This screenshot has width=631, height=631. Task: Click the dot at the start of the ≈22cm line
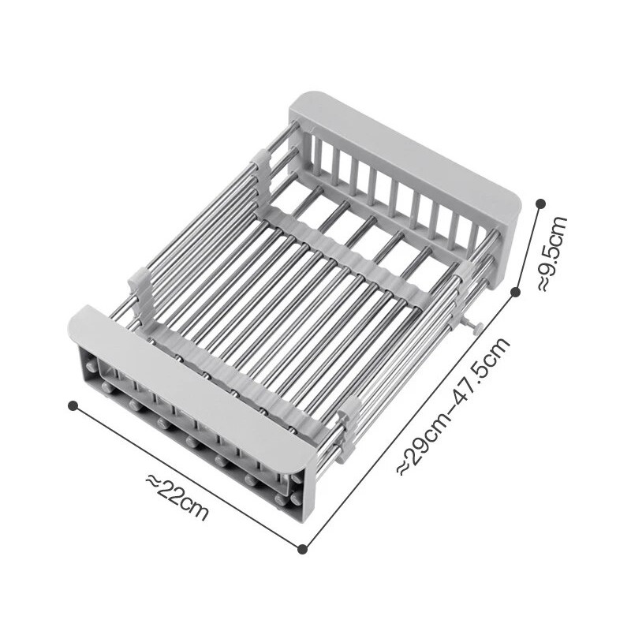click(x=73, y=405)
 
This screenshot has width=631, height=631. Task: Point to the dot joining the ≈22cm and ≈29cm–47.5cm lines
click(x=303, y=548)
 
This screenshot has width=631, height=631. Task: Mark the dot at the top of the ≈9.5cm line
click(x=540, y=203)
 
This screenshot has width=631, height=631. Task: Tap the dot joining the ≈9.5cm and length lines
click(x=516, y=292)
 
